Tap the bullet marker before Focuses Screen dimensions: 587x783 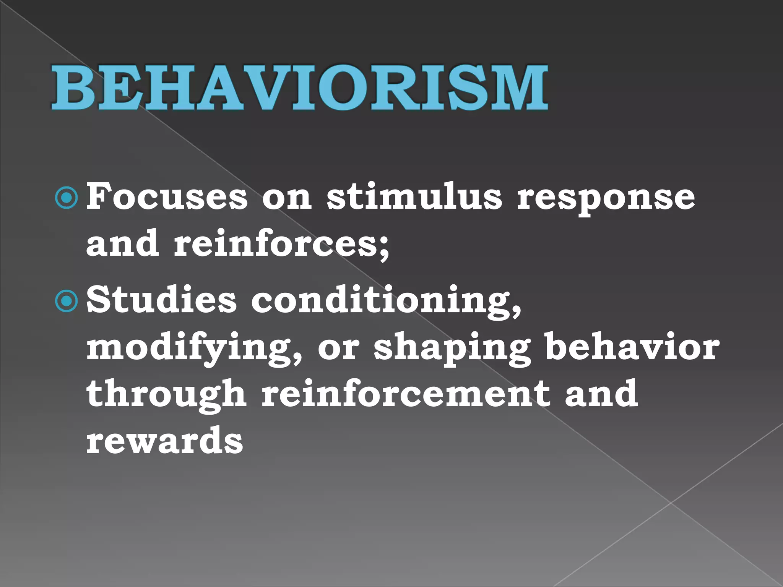coord(67,198)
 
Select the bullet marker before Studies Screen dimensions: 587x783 coord(67,302)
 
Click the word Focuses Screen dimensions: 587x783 coord(167,197)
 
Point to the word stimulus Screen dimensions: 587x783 coord(414,197)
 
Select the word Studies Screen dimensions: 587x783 coord(161,300)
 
